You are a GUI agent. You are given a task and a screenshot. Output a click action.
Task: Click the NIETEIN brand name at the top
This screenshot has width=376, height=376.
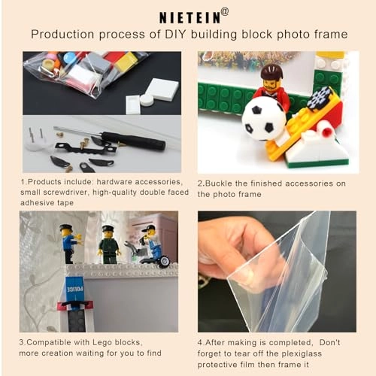pyautogui.click(x=190, y=17)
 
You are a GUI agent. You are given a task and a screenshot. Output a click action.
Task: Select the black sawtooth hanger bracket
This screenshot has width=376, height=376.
pyautogui.click(x=85, y=148)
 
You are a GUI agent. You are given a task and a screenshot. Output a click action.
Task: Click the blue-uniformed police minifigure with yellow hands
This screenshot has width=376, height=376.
pyautogui.click(x=70, y=243)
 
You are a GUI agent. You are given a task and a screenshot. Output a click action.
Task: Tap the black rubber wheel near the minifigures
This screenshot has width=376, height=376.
pyautogui.click(x=165, y=262)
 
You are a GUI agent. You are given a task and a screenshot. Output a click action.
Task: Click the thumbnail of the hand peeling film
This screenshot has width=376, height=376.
pyautogui.click(x=277, y=271)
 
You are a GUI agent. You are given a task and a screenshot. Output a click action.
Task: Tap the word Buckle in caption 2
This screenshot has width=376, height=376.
pyautogui.click(x=218, y=183)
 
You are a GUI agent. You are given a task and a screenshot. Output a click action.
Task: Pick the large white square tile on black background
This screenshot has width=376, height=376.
pyautogui.click(x=162, y=89)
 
